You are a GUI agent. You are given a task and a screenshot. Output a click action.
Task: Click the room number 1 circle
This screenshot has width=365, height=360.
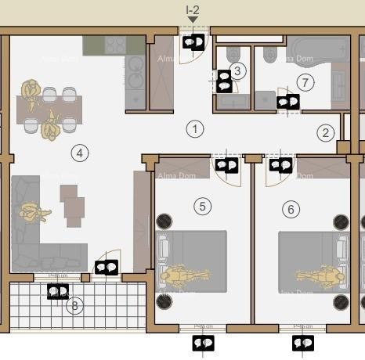(194, 129)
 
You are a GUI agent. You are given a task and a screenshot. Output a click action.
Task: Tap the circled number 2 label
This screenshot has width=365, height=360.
(325, 132)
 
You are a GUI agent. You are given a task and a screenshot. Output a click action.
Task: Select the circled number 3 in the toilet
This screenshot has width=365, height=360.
(238, 70)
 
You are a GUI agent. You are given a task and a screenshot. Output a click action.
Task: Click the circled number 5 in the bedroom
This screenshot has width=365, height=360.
(203, 207)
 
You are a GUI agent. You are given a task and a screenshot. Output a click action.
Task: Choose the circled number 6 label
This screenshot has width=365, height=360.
(291, 209)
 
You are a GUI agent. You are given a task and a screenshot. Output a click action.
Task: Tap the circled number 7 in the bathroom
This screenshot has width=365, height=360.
(305, 81)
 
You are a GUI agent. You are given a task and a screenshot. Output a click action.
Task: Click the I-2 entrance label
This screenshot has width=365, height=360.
(193, 10)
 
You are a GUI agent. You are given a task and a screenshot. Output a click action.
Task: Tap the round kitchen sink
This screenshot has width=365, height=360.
(135, 63)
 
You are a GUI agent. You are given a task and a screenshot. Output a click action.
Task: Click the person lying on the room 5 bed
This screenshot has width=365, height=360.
(185, 276)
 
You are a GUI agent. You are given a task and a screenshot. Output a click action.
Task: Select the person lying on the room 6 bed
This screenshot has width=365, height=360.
(320, 276)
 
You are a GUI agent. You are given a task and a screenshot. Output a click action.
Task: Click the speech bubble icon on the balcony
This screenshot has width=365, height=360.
(58, 291)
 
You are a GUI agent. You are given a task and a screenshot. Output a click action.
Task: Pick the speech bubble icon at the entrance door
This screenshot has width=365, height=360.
(193, 41)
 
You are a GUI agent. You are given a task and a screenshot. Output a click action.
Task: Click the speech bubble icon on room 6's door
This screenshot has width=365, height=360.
(280, 165)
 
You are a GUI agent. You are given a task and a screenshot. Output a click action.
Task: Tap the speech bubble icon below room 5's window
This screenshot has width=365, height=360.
(203, 343)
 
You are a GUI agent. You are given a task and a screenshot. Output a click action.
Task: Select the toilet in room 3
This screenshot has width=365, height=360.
(233, 54)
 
